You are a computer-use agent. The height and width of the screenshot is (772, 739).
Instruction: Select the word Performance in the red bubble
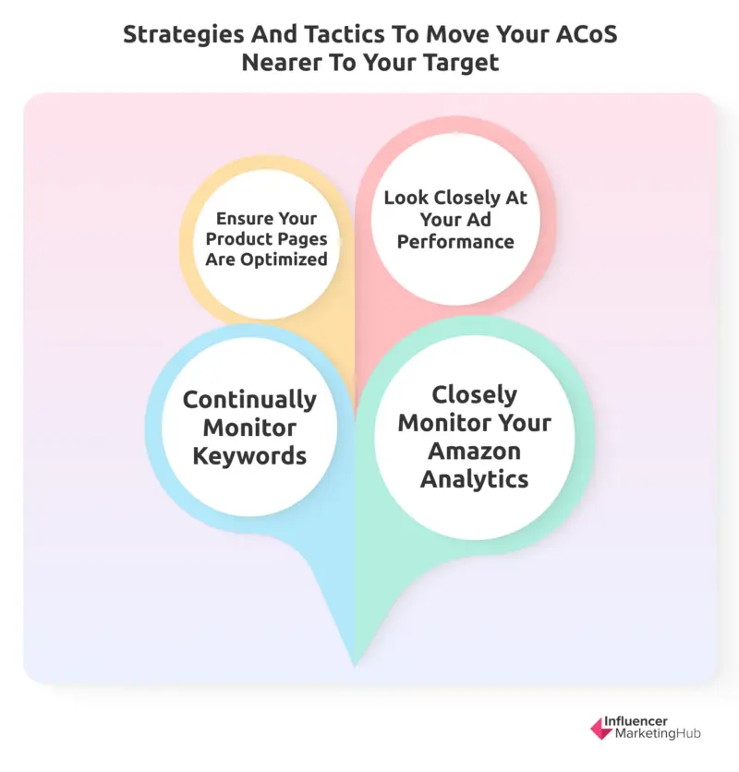(455, 242)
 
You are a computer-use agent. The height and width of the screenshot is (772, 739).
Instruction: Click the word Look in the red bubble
(406, 198)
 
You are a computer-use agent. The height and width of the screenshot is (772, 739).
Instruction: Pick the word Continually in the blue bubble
(249, 400)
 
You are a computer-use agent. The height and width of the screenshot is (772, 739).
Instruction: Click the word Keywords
(249, 456)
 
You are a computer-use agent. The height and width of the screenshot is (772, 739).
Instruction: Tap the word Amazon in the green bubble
(474, 452)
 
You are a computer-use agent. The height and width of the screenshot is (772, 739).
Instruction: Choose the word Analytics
(474, 479)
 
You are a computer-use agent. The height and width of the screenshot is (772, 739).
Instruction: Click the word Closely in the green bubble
(474, 394)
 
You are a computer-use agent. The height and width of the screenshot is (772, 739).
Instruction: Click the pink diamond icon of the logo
(601, 729)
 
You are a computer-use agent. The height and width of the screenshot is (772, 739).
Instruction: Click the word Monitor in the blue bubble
(249, 428)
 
